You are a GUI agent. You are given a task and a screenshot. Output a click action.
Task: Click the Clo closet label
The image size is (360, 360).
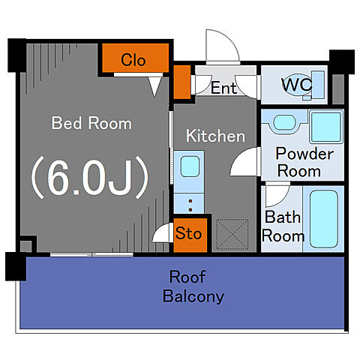133,60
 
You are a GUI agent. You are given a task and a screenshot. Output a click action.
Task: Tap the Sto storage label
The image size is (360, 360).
188,233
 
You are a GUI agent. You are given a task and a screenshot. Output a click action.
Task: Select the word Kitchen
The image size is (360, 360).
215,136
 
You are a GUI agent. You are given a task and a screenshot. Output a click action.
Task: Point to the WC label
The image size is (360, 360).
297,85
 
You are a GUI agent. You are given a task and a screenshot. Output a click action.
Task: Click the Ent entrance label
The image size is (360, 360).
223,88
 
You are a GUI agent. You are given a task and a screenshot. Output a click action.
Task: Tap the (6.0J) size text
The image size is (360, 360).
90,178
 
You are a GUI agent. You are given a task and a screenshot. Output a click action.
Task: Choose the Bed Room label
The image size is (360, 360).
91,123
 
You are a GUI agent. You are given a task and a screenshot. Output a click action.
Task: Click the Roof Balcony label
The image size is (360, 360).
193,286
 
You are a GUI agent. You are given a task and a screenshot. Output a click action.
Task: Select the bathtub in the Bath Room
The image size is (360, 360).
324,219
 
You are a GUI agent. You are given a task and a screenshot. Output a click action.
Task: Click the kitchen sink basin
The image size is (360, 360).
190,166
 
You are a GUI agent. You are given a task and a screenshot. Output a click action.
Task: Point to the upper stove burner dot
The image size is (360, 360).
190,201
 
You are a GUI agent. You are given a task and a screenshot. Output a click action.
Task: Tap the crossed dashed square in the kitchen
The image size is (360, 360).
232,235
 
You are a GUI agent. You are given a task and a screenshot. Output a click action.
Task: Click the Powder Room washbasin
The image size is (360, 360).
284,122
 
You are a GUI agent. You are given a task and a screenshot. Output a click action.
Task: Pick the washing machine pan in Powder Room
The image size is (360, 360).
326,127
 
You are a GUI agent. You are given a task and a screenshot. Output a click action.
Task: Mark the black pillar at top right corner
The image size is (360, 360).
342,61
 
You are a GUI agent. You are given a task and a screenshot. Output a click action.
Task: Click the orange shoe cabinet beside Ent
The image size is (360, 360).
182,82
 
